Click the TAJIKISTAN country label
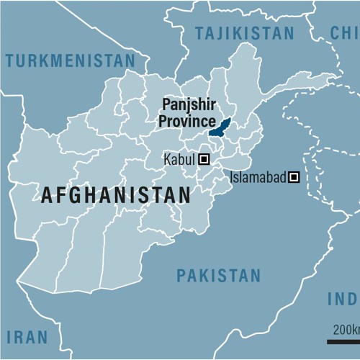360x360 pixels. pyautogui.click(x=245, y=33)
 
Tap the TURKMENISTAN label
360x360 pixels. pyautogui.click(x=70, y=60)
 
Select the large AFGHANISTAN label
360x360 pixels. pyautogui.click(x=116, y=194)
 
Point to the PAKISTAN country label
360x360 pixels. pyautogui.click(x=219, y=275)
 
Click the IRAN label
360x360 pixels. pyautogui.click(x=27, y=336)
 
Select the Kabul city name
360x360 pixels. pyautogui.click(x=180, y=160)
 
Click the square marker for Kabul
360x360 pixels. pyautogui.click(x=204, y=160)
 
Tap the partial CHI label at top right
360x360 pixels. pyautogui.click(x=344, y=32)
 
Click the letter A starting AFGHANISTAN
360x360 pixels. pyautogui.click(x=48, y=194)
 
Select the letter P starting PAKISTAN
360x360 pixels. pyautogui.click(x=181, y=275)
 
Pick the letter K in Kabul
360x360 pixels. pyautogui.click(x=168, y=160)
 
